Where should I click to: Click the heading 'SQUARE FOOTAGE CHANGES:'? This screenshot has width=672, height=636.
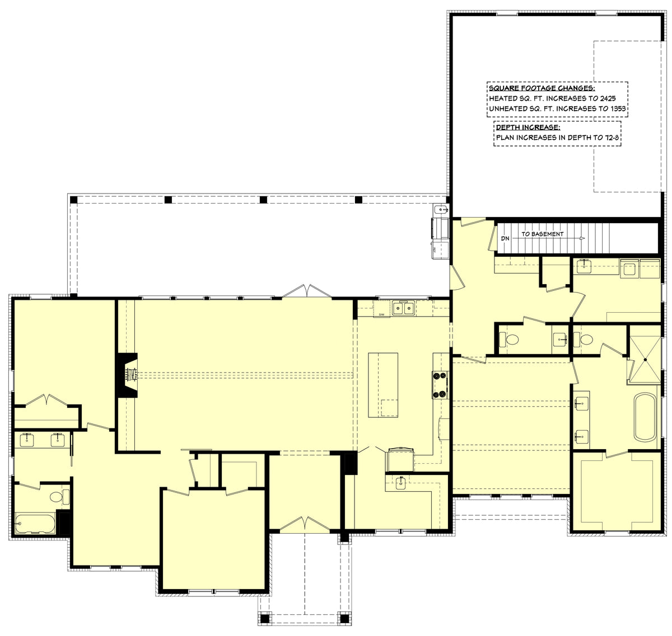click(542, 88)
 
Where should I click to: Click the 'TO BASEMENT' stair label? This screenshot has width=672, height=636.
click(542, 234)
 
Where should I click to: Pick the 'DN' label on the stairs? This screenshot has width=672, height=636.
click(505, 239)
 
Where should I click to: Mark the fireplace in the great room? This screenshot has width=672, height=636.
click(128, 374)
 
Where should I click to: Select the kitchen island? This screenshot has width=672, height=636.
click(383, 385)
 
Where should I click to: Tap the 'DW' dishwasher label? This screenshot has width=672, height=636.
click(381, 315)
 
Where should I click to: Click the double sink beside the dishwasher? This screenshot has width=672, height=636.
click(403, 308)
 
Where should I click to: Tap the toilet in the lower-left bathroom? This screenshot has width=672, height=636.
click(57, 496)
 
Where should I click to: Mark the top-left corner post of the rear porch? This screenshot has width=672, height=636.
click(72, 199)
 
